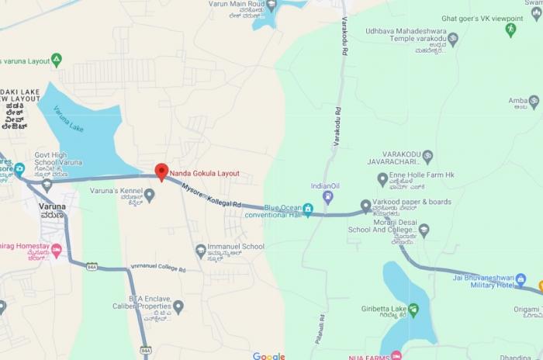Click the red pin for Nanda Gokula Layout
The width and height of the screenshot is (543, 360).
[161, 171]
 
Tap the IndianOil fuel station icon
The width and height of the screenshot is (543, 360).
[327, 197]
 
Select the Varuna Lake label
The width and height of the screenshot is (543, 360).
[69, 118]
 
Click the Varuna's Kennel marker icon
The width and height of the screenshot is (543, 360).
[150, 195]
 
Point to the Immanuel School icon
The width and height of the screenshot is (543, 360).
[200, 250]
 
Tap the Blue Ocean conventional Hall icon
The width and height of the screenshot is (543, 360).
[308, 209]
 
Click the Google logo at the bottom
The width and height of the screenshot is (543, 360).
[268, 356]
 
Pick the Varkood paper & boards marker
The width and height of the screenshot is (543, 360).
[366, 206]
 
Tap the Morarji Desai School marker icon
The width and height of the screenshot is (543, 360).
[424, 230]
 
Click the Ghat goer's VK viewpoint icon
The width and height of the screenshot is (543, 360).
[510, 29]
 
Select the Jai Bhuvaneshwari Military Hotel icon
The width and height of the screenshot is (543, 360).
[521, 279]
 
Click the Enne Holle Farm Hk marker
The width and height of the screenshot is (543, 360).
[382, 179]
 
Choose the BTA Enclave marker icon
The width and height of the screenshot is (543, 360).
[178, 306]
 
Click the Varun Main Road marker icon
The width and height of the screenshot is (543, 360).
[271, 5]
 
